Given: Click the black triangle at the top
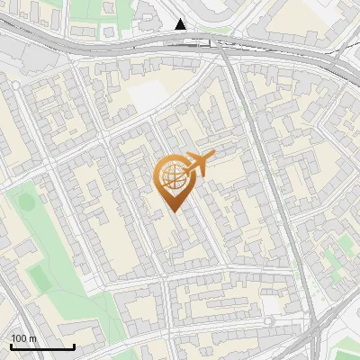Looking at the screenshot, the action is [x=182, y=24].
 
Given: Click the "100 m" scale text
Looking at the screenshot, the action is [x=24, y=338].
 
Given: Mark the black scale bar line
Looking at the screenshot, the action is [x=42, y=347].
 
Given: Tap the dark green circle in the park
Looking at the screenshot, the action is [x=27, y=202].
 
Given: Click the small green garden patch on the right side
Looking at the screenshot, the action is [x=334, y=261].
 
